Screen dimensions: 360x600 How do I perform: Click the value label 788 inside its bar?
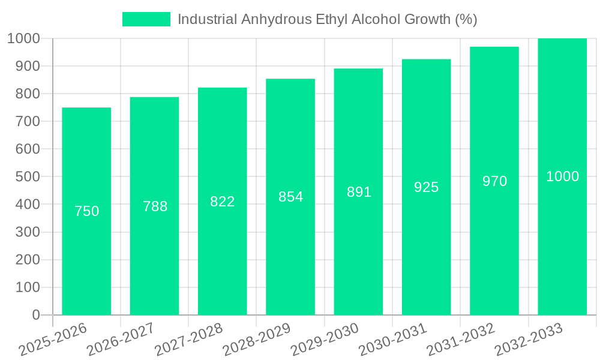tap(155, 206)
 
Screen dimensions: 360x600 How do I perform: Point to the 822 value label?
tap(223, 202)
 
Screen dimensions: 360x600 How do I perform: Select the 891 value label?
tap(359, 192)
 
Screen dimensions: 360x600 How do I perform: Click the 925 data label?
tap(427, 187)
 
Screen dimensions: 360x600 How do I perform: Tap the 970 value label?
tap(494, 181)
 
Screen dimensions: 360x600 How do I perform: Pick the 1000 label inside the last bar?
tap(562, 176)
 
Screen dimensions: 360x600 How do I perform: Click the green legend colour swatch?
tap(146, 19)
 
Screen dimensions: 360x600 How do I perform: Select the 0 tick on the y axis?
tap(35, 315)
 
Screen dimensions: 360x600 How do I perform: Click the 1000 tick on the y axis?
tap(23, 39)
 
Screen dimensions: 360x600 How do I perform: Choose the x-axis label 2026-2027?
tap(121, 340)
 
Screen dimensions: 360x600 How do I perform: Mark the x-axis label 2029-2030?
tap(325, 340)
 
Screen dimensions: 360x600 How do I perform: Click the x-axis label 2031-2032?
tap(461, 340)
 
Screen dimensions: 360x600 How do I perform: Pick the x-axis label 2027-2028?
tap(188, 340)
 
